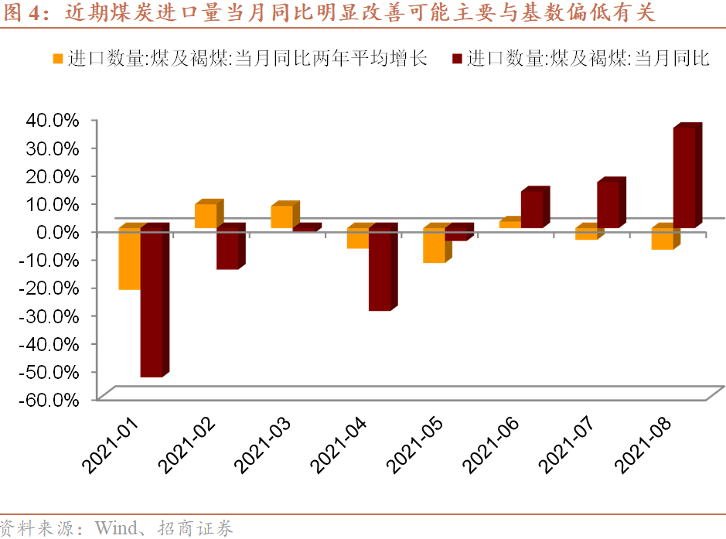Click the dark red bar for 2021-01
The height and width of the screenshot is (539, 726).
pos(152,302)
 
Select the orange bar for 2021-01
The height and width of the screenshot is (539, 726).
pos(129,259)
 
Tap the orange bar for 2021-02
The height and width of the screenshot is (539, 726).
pos(205,216)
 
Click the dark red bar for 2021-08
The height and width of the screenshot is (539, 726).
pos(684,178)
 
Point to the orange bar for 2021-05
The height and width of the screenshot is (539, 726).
pos(434,245)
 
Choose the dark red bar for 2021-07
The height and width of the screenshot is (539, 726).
pos(608,204)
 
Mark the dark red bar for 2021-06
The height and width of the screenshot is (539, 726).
pos(532,209)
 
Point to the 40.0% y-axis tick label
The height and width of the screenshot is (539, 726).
pos(53,120)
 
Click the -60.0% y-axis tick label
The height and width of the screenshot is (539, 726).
pos(52,400)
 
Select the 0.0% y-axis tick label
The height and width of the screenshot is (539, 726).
pos(57,232)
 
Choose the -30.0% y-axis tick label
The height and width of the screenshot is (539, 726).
pos(52,316)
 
